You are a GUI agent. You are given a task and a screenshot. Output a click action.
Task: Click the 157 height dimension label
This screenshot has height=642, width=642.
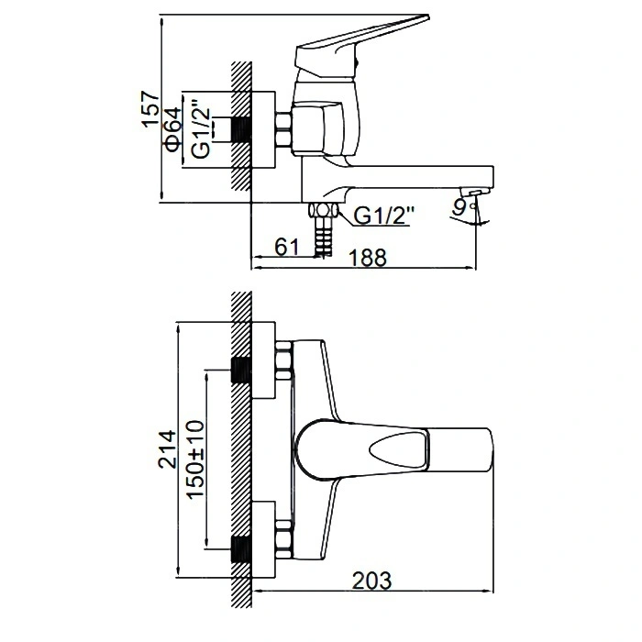tap(150, 108)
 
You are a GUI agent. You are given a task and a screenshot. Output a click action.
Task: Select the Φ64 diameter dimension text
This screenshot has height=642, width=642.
tap(172, 129)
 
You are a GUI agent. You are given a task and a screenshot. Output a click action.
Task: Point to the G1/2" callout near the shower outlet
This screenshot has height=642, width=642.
tap(383, 215)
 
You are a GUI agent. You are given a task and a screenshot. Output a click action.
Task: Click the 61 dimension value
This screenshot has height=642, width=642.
tap(287, 247)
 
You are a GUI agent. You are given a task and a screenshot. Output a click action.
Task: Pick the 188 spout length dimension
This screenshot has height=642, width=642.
tap(367, 258)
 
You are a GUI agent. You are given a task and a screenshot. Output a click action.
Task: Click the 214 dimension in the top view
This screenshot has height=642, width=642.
tap(168, 448)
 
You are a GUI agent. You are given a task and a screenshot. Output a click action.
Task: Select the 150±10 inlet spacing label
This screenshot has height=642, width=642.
tap(195, 459)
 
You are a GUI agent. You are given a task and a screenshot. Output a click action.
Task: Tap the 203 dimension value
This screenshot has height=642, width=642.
tap(371, 581)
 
